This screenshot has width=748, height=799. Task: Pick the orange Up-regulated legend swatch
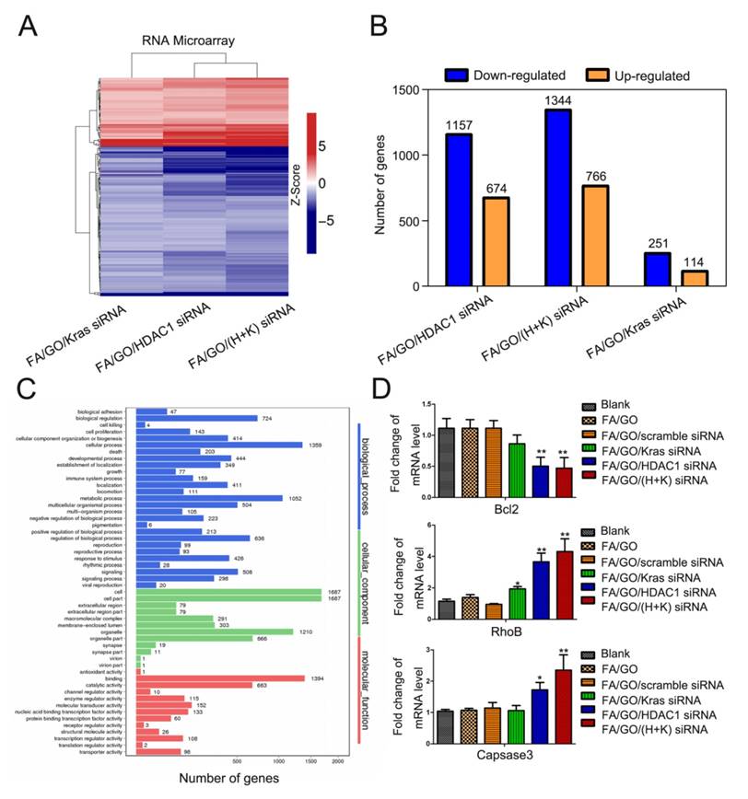[600, 75]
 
